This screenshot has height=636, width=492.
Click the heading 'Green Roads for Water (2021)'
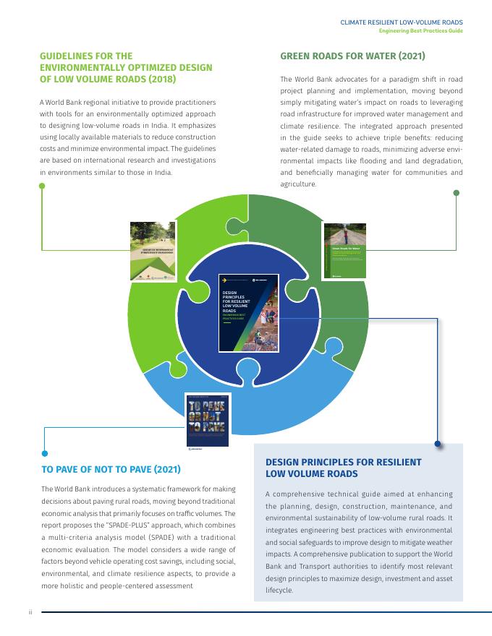point(352,56)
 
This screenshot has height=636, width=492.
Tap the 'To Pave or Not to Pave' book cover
point(206,422)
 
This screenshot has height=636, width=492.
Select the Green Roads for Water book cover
point(345,251)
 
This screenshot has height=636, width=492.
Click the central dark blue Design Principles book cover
point(247,312)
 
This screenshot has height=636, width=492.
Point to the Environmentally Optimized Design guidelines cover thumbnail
point(153,251)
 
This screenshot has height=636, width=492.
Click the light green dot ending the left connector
point(42,186)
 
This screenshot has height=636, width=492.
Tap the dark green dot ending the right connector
point(456,192)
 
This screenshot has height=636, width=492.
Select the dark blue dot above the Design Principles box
point(438,444)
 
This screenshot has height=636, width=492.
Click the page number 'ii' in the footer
point(30,611)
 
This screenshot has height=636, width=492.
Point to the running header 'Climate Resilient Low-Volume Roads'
point(402,22)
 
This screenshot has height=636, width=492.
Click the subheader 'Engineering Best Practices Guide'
point(421,31)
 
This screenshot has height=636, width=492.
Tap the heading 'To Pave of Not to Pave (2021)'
point(110,469)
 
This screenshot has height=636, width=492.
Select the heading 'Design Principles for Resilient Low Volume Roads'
point(343,468)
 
